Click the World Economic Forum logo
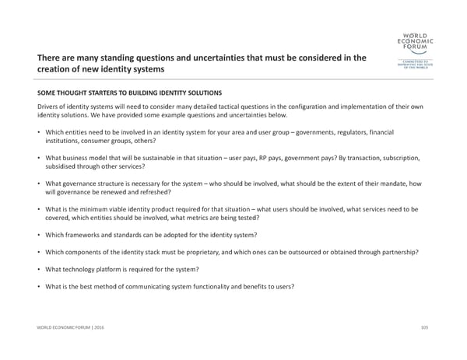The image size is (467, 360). pos(416,52)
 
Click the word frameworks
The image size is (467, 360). pos(84,235)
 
